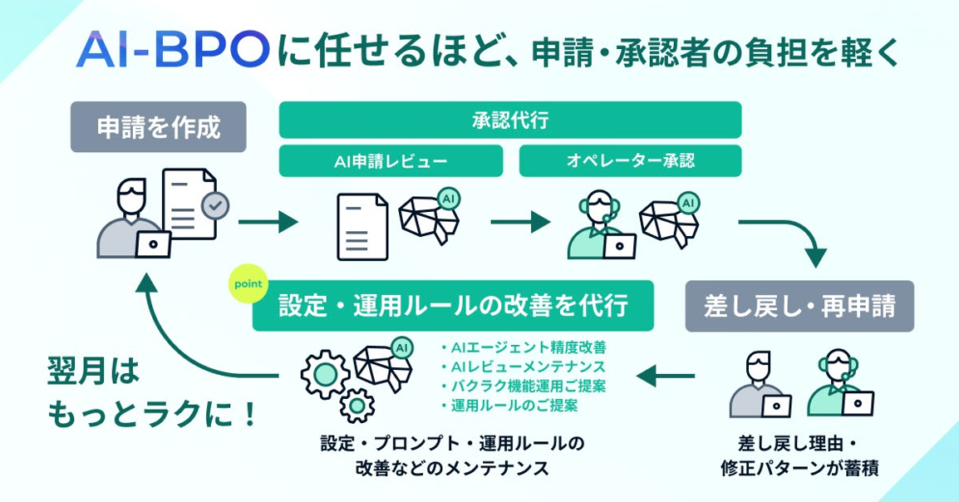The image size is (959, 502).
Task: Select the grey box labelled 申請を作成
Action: point(159,127)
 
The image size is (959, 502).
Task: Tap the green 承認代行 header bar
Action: point(509,120)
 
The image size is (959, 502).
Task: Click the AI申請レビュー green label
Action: point(391,160)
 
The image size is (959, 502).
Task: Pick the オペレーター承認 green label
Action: point(630,160)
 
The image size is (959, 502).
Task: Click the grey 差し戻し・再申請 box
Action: point(799,306)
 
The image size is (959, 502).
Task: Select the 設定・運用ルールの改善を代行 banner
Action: point(453,306)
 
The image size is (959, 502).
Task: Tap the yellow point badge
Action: point(248,284)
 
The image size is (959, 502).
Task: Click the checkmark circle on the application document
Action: point(215,204)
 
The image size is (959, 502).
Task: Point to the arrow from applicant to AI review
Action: point(268,222)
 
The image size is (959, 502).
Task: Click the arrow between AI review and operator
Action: point(520,222)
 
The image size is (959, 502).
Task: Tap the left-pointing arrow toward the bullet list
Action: point(665,377)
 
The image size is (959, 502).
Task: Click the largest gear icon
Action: point(323,373)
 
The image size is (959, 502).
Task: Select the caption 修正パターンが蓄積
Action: point(799,468)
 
